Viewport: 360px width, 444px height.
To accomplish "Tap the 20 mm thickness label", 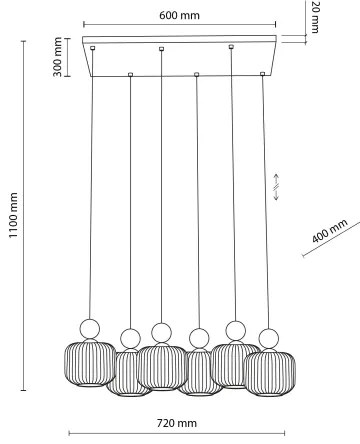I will point(315,17).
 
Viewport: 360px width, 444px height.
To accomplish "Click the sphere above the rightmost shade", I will point(268,338).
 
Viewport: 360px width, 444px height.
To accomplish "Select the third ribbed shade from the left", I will point(160,366).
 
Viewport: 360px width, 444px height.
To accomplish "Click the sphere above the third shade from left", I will point(160,331).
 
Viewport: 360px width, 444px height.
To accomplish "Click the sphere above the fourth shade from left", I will point(198,338).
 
